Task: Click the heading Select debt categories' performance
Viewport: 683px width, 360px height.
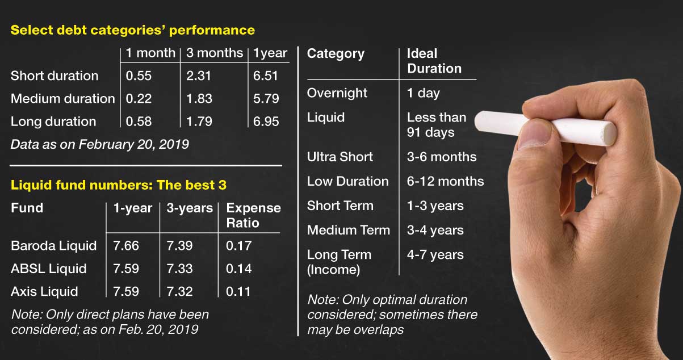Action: pos(133,30)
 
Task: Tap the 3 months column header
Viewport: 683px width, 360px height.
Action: pos(215,53)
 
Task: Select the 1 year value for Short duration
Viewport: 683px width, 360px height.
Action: pos(266,76)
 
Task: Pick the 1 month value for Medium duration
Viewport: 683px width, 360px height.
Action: pos(139,99)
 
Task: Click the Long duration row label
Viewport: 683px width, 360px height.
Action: pos(53,122)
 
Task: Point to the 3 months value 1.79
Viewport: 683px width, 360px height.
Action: pos(199,122)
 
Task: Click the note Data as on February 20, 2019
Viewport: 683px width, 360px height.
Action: pos(100,144)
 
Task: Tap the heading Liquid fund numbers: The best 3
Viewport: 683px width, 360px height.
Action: pos(119,185)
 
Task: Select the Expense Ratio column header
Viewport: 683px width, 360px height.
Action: pos(253,216)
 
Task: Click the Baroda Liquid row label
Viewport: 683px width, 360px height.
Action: pos(54,246)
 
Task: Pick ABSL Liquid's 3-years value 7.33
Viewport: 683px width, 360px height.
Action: pos(179,269)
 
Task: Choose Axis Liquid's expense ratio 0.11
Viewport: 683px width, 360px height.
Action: pos(238,292)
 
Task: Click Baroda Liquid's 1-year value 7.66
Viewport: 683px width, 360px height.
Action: pos(126,246)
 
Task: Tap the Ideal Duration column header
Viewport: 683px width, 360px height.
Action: pos(434,61)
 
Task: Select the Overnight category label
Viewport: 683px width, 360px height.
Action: pos(337,93)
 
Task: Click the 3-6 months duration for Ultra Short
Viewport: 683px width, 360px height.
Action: pos(442,157)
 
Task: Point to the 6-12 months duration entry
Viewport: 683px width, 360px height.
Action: pos(445,181)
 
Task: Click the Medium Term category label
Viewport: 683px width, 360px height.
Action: pos(349,230)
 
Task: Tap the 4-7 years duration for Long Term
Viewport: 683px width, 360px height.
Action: pos(435,255)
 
